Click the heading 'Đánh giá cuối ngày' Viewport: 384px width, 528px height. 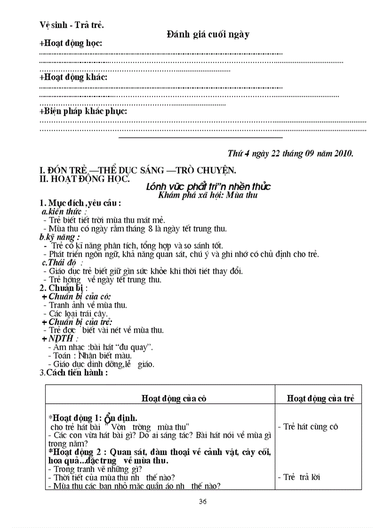coord(208,34)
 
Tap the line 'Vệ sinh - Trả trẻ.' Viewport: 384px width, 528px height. coord(72,25)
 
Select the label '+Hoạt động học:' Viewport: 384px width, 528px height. coord(71,43)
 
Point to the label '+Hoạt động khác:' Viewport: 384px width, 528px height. coord(73,77)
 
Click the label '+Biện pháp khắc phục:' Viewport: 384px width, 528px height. coord(83,111)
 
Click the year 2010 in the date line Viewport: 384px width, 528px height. coord(344,153)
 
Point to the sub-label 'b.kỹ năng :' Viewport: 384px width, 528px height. coord(60,237)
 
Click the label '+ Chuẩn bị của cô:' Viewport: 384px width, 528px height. coord(76,296)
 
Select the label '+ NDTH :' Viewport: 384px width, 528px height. coord(60,339)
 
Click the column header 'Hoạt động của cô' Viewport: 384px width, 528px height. coord(174,398)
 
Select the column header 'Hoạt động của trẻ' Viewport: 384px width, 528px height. coord(320,398)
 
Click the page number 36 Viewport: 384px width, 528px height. coord(203,501)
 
